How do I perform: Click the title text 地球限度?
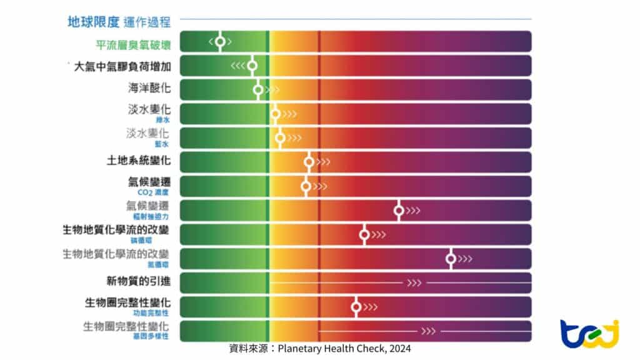coord(93,22)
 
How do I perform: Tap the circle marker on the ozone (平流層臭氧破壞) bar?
coord(220,42)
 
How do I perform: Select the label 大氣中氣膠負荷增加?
coord(122,66)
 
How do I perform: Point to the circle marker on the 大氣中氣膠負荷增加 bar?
coord(252,66)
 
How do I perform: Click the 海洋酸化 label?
coord(149,88)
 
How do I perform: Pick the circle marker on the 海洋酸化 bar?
coord(258,90)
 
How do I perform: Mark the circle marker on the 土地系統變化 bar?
coord(309,162)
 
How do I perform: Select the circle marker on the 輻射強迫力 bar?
coord(399,211)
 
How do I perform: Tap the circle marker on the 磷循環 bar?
coord(364,235)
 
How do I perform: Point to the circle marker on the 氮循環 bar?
coord(451,259)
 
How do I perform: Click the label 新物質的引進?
coord(139,281)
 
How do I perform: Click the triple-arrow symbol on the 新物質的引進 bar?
coord(414,283)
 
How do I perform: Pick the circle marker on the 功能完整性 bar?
coord(356,307)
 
